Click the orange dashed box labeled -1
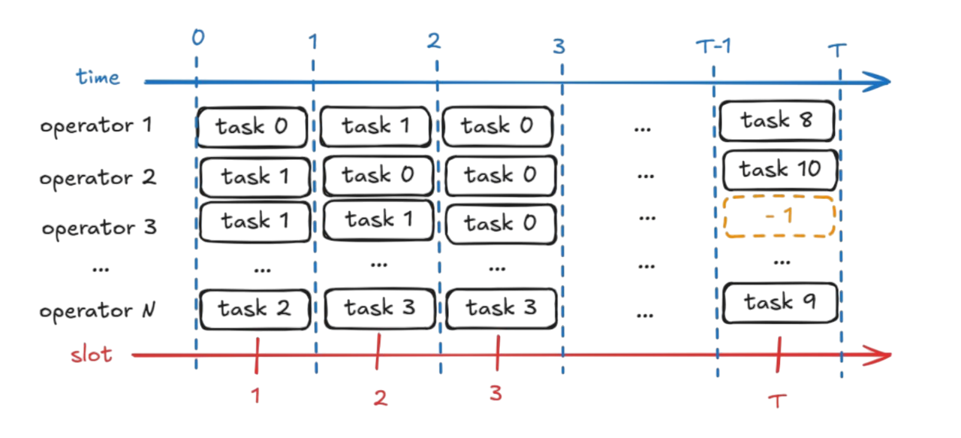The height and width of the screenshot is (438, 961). (779, 216)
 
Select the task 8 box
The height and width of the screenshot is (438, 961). (777, 120)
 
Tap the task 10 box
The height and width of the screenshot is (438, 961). (779, 170)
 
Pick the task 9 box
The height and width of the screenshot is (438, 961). (779, 302)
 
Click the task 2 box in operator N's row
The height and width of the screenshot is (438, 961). (254, 308)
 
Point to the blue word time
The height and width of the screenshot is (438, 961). (98, 77)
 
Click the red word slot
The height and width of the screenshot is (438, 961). (91, 355)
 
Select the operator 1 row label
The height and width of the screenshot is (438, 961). (96, 125)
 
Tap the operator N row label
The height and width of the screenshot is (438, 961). (96, 310)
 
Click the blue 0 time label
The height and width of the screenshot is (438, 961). (197, 37)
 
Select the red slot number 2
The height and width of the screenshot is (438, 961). (380, 399)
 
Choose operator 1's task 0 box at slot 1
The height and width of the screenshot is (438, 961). (252, 126)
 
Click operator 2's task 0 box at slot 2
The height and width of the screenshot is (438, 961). (378, 175)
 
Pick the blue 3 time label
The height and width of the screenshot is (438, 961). (559, 47)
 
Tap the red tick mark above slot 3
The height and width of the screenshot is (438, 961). (497, 353)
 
